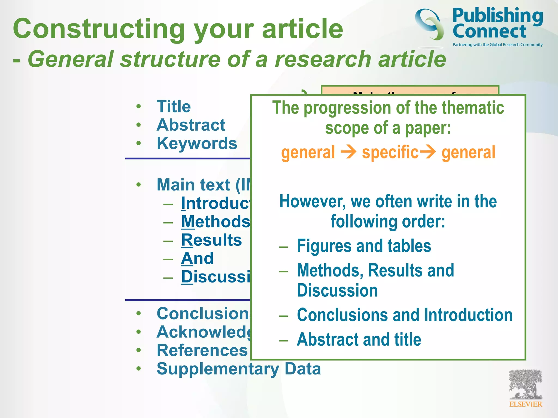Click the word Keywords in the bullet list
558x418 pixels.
(x=197, y=143)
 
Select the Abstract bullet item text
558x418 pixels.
(x=191, y=125)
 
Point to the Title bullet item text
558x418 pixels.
(x=174, y=106)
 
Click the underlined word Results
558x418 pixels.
(x=211, y=240)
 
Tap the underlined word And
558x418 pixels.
(x=197, y=258)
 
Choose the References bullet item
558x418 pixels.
(x=202, y=350)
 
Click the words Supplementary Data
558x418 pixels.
(x=239, y=369)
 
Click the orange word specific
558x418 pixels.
(x=390, y=152)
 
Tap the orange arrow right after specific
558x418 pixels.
(x=427, y=152)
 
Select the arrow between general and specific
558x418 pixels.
(x=348, y=152)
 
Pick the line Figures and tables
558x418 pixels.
(x=364, y=246)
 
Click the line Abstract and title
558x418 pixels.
(x=359, y=339)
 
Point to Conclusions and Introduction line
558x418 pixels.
(x=405, y=315)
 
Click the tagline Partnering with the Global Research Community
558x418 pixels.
(x=498, y=45)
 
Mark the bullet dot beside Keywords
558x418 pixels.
(x=139, y=143)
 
